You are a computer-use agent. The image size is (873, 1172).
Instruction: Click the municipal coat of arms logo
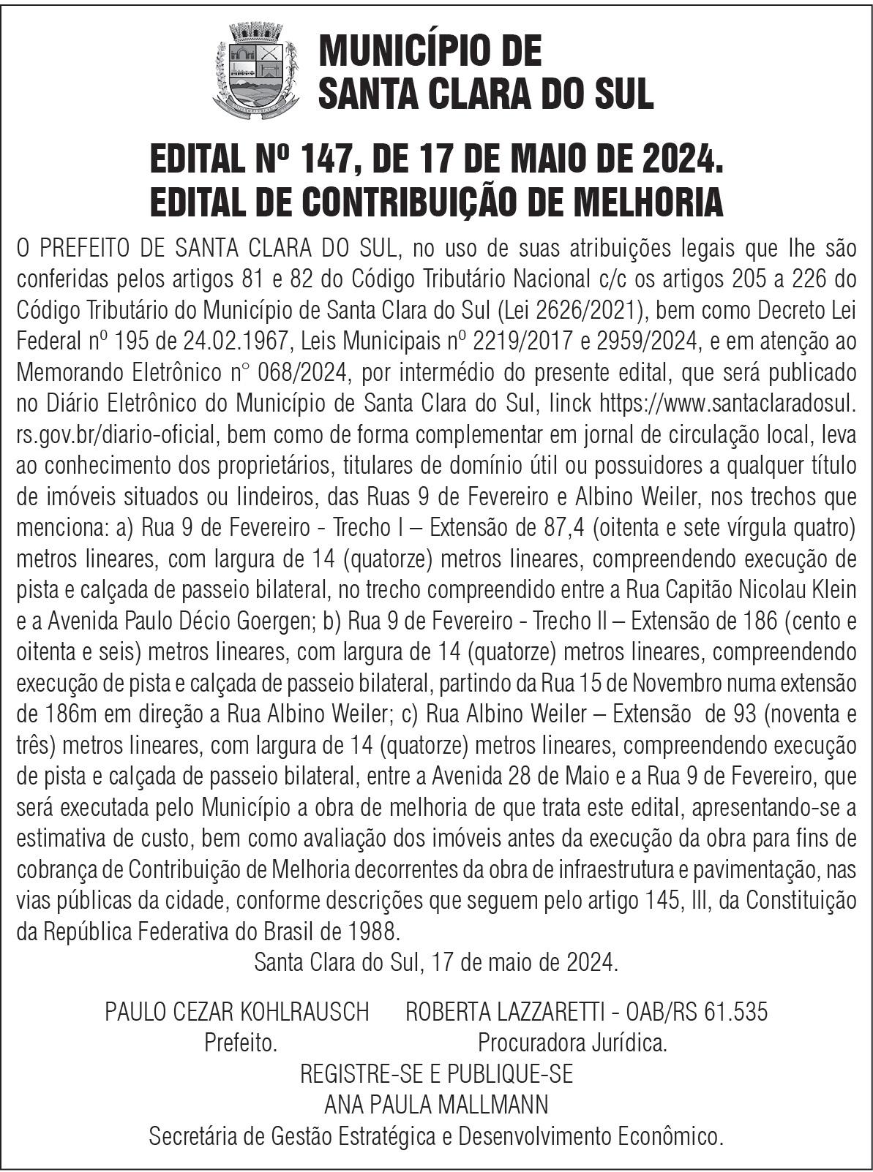tap(256, 71)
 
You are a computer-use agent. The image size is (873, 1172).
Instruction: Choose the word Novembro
tap(680, 683)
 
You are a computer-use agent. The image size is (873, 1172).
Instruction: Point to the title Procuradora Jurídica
tap(572, 1043)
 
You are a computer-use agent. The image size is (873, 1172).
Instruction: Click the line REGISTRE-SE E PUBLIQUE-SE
tap(436, 1073)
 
